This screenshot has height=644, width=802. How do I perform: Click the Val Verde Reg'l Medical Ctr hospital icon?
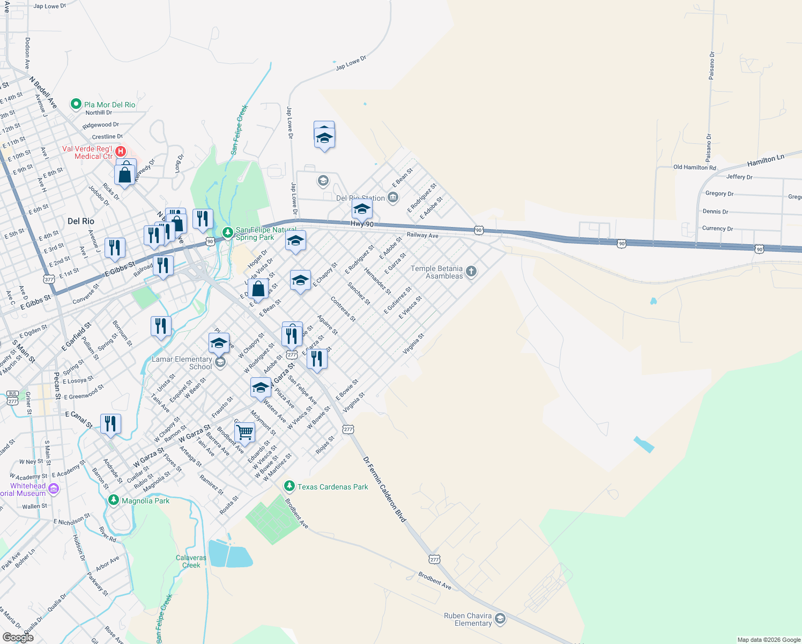[x=121, y=152]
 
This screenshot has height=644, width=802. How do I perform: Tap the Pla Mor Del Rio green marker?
[x=76, y=104]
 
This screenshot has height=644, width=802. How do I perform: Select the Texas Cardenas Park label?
[x=332, y=487]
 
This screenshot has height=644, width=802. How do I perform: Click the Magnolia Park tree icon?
[x=113, y=500]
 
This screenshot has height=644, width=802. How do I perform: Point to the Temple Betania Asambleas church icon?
[x=471, y=272]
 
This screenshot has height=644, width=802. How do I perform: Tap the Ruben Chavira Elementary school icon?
[x=500, y=619]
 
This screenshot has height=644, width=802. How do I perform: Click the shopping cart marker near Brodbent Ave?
[x=244, y=432]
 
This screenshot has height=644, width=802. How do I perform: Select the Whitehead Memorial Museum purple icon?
[x=53, y=488]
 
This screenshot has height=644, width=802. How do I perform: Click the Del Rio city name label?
[x=81, y=221]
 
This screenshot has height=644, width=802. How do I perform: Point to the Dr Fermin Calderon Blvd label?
[x=385, y=489]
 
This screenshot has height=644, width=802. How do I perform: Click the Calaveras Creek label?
[x=191, y=561]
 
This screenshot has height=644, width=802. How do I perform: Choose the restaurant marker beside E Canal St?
[x=110, y=424]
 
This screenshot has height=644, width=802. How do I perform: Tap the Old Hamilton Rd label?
[x=694, y=167]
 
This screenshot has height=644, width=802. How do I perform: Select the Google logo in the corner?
[x=18, y=638]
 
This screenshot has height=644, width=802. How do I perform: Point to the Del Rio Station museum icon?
[x=393, y=198]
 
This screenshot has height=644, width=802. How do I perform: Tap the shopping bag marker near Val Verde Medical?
[x=124, y=174]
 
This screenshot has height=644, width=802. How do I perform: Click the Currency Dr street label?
[x=717, y=229]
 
